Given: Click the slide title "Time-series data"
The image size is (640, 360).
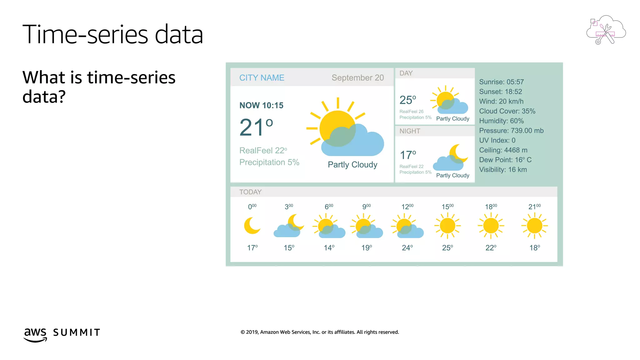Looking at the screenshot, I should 113,34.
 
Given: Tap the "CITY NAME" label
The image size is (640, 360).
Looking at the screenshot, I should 262,78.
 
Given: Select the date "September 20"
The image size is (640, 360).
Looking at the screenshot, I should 357,78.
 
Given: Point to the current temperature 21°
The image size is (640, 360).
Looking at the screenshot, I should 256,127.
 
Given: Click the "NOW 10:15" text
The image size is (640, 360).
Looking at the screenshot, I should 261,106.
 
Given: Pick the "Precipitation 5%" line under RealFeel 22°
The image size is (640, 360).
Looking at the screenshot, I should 269,162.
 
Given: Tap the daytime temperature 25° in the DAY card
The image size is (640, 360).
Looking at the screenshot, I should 407,100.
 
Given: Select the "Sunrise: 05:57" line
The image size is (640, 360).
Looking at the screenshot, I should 501,82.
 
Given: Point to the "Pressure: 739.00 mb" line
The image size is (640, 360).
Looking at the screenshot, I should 511,131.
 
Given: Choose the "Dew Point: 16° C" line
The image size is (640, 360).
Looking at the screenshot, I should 505,160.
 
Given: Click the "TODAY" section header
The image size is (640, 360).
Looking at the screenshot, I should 250,192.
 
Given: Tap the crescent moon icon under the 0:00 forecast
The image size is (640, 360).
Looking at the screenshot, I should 252,226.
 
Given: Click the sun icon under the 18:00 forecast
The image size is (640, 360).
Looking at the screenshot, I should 491,226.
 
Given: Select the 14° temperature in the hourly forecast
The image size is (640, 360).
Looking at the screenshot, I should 329,248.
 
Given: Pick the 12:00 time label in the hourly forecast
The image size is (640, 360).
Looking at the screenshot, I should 407,207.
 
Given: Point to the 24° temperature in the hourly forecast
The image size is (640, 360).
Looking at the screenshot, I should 407,248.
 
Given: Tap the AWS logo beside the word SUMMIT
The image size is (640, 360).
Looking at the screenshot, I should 35,334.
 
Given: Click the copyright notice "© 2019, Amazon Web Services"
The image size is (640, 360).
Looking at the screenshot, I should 320,332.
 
